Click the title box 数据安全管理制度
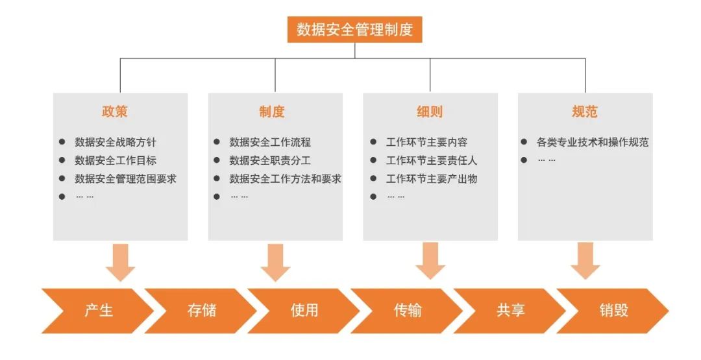(354, 30)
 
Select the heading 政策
(115, 112)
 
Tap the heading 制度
(272, 112)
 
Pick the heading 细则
(429, 112)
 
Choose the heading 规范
(584, 112)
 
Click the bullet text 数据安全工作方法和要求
(285, 178)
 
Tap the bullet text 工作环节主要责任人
(432, 160)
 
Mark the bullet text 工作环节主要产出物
(432, 178)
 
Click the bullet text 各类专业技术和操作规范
(593, 142)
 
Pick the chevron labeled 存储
(201, 311)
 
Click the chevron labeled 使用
(304, 311)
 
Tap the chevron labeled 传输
(408, 311)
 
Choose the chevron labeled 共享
(510, 311)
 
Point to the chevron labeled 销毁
(613, 311)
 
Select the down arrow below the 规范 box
(585, 261)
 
